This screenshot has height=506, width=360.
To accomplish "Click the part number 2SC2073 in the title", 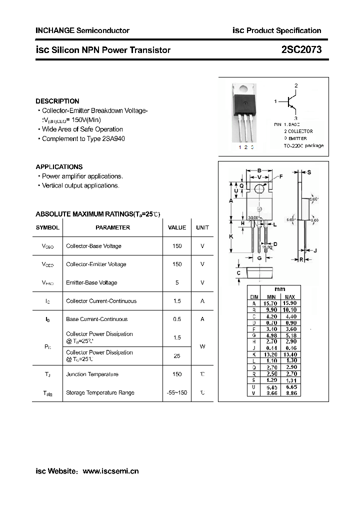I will (x=301, y=50).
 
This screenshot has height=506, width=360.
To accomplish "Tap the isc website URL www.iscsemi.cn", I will (x=110, y=471).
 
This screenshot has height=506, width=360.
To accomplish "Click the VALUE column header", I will (x=177, y=227).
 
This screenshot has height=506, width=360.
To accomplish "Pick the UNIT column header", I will (x=202, y=227).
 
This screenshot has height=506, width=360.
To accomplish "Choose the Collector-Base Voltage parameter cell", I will (x=93, y=246).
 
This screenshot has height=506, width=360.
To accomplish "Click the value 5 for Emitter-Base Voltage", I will (x=177, y=282).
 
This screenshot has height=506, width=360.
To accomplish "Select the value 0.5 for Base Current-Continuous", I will (x=177, y=319).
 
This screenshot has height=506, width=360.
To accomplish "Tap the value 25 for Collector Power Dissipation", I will (x=177, y=356).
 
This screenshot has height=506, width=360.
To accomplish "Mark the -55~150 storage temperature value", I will (x=177, y=392).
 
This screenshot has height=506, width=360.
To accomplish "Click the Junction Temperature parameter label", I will (x=92, y=374).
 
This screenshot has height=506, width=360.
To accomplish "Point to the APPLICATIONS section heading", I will (x=59, y=167).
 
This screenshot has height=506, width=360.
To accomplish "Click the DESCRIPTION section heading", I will (x=57, y=101).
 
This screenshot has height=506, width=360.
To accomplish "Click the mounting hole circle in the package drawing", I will (x=259, y=188).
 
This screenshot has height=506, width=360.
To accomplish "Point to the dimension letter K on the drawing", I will (x=231, y=236).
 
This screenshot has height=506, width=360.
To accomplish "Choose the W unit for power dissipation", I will (x=202, y=346).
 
